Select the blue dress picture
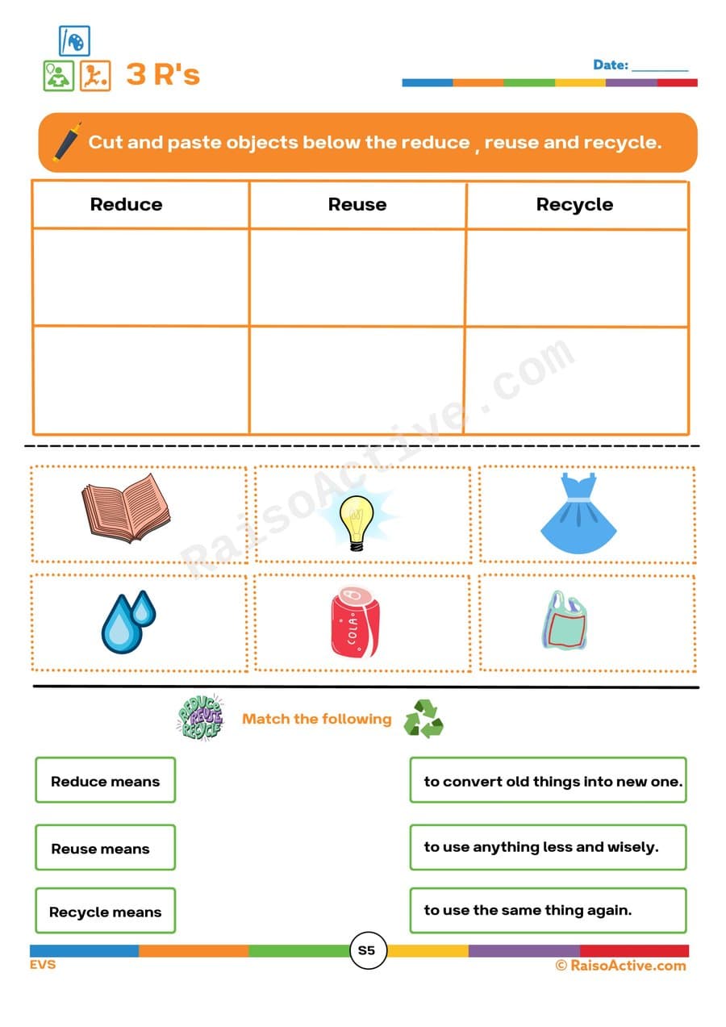pos(578,514)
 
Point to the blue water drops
pos(127,620)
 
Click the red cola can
pos(353,623)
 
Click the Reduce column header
pos(126,205)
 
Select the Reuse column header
pos(357,205)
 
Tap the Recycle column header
pos(574,205)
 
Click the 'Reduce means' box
pos(105,781)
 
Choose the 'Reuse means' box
pos(105,848)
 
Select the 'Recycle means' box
pos(105,912)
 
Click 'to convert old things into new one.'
pos(549,781)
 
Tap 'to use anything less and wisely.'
pos(549,847)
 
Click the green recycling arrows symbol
pos(423,719)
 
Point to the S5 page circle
pos(366,950)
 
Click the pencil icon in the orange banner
pos(67,141)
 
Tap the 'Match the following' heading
pos(316,719)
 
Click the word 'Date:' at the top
pos(610,65)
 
